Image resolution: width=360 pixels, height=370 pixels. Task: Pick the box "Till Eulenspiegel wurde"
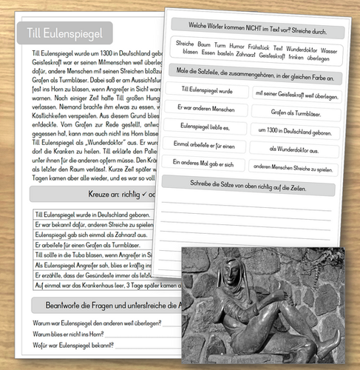click(x=206, y=90)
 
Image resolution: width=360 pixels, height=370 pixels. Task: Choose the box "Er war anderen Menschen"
click(x=206, y=108)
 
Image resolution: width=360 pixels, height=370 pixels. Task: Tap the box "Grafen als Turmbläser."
click(x=295, y=112)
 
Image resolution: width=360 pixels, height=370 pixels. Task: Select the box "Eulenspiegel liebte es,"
click(x=206, y=126)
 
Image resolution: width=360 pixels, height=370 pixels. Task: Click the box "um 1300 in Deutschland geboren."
click(x=293, y=129)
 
